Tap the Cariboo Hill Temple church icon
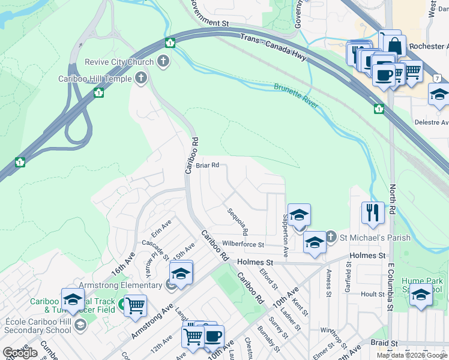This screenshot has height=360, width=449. (141, 78)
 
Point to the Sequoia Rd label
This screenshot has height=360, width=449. (238, 221)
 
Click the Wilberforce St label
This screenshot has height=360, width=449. (243, 245)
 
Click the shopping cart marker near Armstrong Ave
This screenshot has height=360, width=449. (136, 305)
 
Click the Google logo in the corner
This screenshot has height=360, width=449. (20, 353)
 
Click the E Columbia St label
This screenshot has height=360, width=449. (390, 291)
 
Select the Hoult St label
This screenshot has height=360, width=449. (373, 295)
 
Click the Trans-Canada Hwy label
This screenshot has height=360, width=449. (273, 47)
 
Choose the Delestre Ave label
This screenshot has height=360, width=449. (431, 122)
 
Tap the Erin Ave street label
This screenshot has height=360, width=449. (161, 232)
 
